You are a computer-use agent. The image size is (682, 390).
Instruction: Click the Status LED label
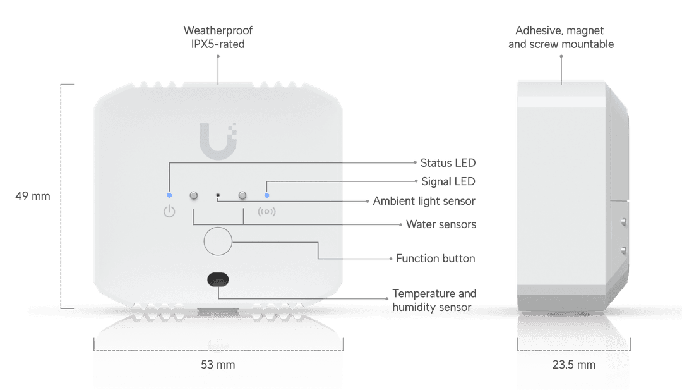coord(448,162)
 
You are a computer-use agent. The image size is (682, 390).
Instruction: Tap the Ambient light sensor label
coord(423,201)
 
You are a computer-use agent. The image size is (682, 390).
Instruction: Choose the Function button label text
coord(436,258)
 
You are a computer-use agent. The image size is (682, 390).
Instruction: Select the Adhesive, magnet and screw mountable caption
coord(561,37)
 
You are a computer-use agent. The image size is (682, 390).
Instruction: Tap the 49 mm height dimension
coord(32,196)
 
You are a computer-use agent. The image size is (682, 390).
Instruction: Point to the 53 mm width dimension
coord(218,365)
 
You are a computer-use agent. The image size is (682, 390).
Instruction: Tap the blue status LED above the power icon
coord(169,195)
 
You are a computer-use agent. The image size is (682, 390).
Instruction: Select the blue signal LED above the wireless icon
coord(266,195)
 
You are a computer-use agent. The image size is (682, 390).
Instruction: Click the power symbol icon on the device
coord(169,212)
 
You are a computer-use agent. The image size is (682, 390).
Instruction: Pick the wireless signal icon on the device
coord(266,212)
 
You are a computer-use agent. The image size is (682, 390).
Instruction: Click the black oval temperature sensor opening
coord(218,279)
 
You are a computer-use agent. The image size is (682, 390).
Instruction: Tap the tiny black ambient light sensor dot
coord(218,196)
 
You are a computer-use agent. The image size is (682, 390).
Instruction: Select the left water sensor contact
coord(194,196)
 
